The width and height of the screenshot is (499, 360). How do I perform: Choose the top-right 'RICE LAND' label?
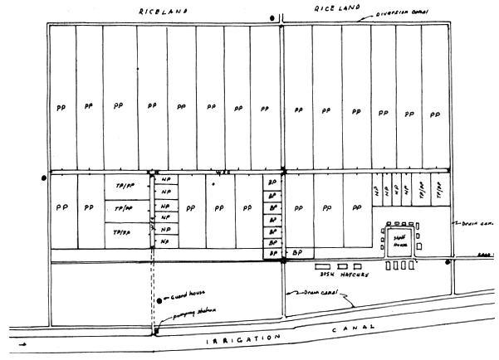[335, 7]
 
